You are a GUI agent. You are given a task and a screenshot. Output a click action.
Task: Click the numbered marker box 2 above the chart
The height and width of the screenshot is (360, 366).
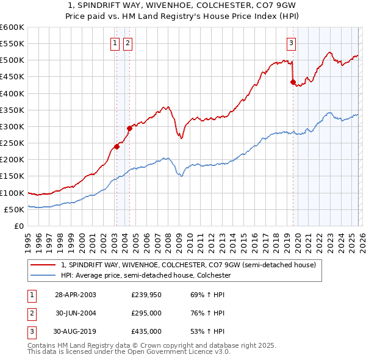[x=127, y=43]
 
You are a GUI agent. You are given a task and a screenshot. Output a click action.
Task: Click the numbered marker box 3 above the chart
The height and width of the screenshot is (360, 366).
[x=292, y=43]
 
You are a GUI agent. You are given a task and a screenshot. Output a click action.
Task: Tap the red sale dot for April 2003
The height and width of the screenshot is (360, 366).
[x=117, y=146]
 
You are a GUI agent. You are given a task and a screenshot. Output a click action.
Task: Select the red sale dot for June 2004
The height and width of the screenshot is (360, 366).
[x=129, y=128]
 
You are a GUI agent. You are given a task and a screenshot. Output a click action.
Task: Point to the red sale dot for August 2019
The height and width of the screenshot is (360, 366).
[x=293, y=82]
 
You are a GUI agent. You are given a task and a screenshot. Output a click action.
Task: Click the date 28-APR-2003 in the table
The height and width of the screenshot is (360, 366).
[x=76, y=295]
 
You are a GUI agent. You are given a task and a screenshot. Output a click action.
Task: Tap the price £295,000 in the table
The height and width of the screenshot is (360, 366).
[x=146, y=313]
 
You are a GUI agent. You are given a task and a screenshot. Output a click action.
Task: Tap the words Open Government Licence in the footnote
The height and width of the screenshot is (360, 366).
[x=185, y=352]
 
